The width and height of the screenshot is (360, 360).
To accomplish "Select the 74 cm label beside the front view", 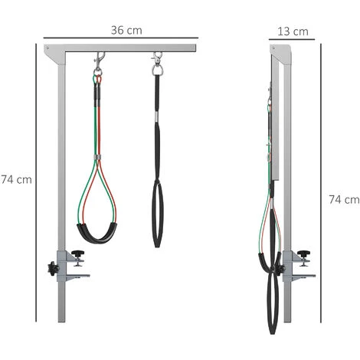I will click(16, 179).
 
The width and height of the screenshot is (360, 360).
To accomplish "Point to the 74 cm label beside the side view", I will click(344, 199).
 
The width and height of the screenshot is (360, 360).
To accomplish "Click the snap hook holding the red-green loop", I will click(99, 59).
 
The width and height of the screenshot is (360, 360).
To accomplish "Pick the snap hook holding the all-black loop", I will click(158, 59).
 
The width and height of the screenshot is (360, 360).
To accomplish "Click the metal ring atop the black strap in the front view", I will click(158, 70).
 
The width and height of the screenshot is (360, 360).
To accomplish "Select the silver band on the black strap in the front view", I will click(158, 116).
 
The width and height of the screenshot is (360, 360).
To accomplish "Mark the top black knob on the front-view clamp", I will click(78, 254).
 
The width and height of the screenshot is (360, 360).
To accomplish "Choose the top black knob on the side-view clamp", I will click(305, 254).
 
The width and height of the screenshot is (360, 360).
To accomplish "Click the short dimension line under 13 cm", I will click(292, 40).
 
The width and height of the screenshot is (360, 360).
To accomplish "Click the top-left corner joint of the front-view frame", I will click(51, 49).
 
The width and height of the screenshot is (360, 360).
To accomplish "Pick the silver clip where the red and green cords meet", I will click(97, 159).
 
